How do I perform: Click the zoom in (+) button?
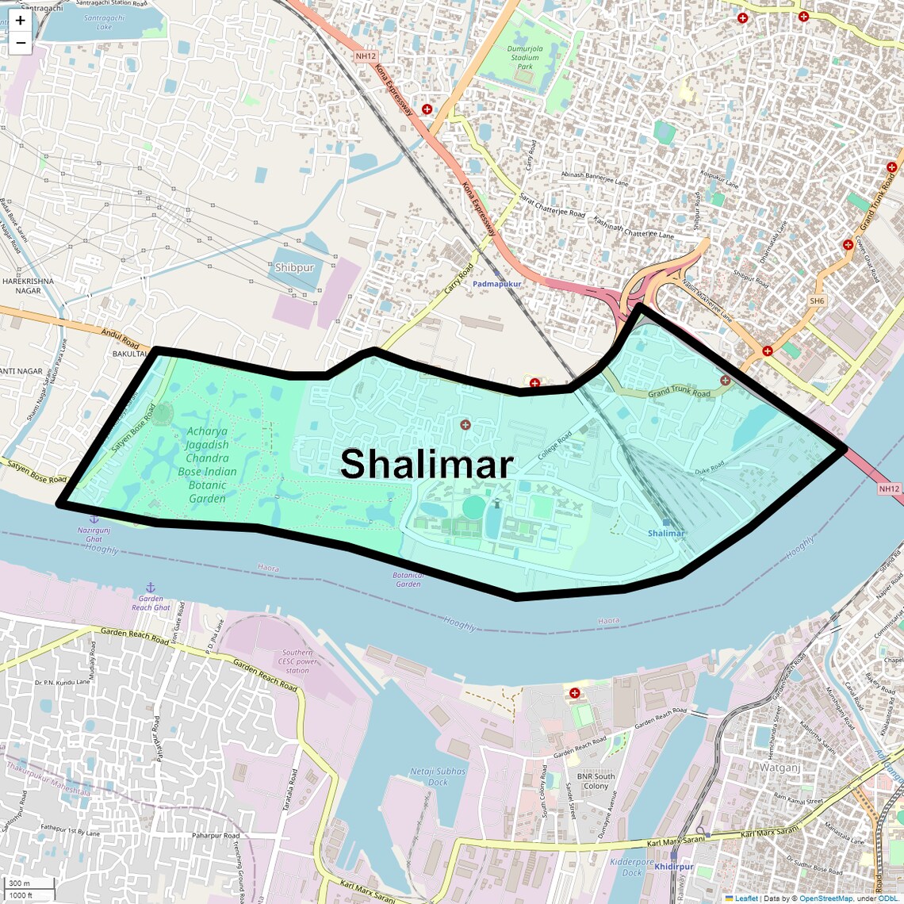20,21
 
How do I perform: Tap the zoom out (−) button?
20,43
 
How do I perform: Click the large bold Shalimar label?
427,464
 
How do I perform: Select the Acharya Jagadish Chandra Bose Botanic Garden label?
207,465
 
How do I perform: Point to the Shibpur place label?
294,268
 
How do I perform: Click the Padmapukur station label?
497,284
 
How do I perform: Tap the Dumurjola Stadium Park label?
525,57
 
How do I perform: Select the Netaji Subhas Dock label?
438,776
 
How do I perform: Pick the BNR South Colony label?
596,781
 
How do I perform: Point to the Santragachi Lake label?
104,22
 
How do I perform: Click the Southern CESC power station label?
297,661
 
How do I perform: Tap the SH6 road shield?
817,301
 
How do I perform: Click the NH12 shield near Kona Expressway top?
366,56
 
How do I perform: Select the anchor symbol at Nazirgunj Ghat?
94,519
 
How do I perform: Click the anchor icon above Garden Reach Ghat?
151,588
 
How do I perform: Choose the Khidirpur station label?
674,867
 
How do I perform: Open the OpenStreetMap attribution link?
825,898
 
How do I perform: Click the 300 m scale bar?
19,883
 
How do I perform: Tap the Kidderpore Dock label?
632,868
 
